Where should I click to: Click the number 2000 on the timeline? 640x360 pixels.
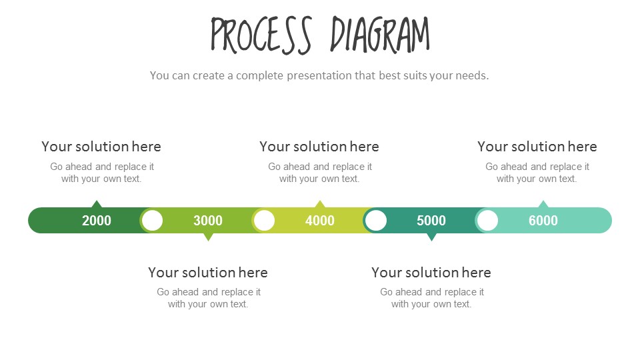tap(97, 221)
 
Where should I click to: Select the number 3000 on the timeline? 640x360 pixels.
tap(208, 221)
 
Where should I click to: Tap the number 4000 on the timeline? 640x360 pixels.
tap(320, 221)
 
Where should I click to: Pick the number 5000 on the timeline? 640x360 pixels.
tap(431, 221)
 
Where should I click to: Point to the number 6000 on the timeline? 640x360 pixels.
tap(543, 221)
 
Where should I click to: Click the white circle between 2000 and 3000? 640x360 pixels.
tap(153, 221)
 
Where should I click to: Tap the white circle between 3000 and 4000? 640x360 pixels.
tap(265, 221)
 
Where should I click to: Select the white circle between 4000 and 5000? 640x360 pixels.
tap(376, 221)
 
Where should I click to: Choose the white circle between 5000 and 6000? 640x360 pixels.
tap(488, 221)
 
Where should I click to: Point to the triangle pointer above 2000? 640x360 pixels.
tap(97, 204)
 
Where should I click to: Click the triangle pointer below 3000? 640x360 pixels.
tap(208, 237)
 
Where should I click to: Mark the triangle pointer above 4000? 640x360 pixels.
tap(320, 204)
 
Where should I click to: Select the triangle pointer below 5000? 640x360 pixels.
tap(431, 237)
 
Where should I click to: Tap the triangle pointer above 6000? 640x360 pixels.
tap(543, 204)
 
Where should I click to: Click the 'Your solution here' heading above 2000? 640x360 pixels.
tap(101, 147)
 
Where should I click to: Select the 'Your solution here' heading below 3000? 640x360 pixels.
tap(208, 273)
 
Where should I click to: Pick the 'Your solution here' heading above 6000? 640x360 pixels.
tap(537, 147)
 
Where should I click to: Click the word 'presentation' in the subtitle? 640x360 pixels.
tap(319, 75)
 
